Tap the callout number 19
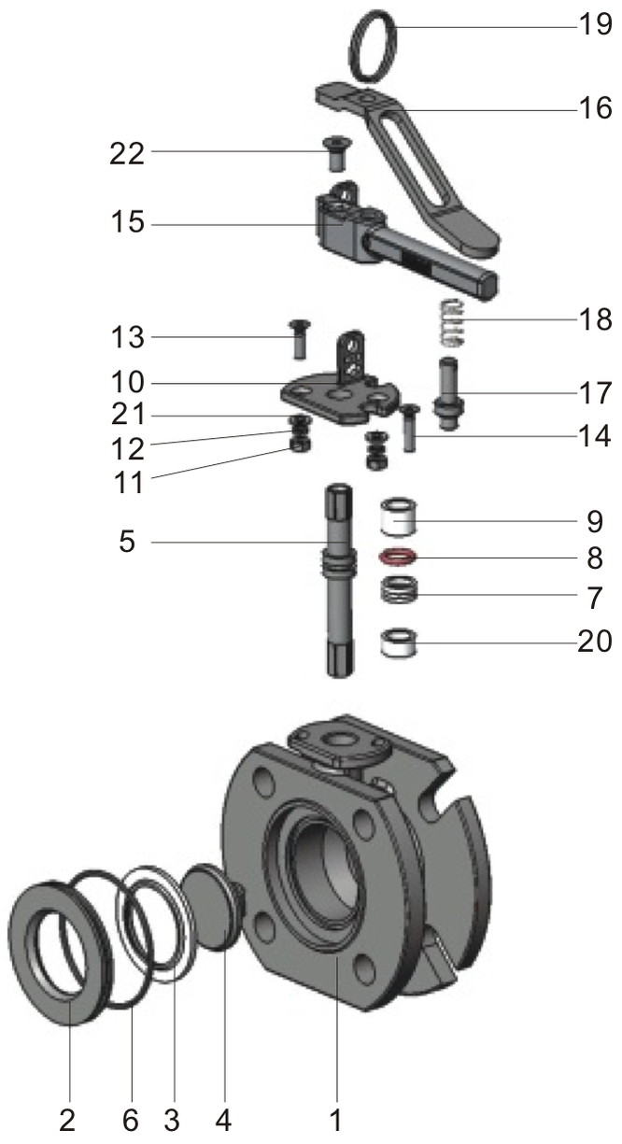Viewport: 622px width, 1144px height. click(595, 24)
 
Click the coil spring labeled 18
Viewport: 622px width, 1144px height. click(454, 323)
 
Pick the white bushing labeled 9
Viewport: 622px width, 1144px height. click(399, 517)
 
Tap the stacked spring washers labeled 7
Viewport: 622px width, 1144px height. click(399, 590)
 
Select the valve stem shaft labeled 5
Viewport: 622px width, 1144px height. click(339, 580)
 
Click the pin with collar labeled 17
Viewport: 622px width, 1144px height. click(449, 394)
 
